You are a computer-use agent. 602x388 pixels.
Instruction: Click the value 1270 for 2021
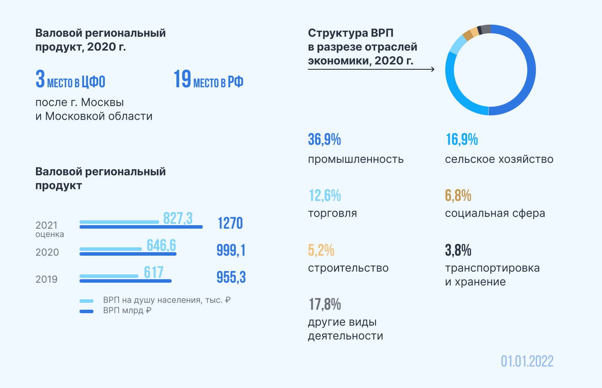click(230, 223)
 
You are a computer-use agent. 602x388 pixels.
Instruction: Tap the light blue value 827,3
click(177, 219)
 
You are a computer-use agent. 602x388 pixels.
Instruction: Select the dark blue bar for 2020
click(128, 254)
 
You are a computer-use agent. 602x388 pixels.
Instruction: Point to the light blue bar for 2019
click(109, 276)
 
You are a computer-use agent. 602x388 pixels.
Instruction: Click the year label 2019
click(46, 279)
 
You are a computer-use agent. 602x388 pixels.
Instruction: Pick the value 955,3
click(231, 277)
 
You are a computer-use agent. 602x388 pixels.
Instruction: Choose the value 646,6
click(161, 246)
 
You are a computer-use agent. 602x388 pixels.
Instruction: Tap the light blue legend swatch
click(86, 301)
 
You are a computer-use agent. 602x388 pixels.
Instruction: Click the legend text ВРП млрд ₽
click(127, 310)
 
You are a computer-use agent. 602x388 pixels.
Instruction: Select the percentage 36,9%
click(324, 140)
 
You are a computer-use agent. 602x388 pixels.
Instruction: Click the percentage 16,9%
click(462, 140)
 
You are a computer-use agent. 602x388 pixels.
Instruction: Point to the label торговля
click(332, 213)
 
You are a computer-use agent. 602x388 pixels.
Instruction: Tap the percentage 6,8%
click(458, 196)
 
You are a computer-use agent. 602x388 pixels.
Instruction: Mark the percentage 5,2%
click(321, 250)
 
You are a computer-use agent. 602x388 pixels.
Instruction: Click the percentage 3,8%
click(458, 250)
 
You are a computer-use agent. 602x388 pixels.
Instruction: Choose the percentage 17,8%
click(325, 305)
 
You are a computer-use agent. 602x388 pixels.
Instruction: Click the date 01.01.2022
click(527, 361)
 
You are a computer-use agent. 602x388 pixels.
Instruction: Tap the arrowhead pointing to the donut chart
click(432, 69)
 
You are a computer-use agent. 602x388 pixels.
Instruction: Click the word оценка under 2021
click(49, 235)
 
